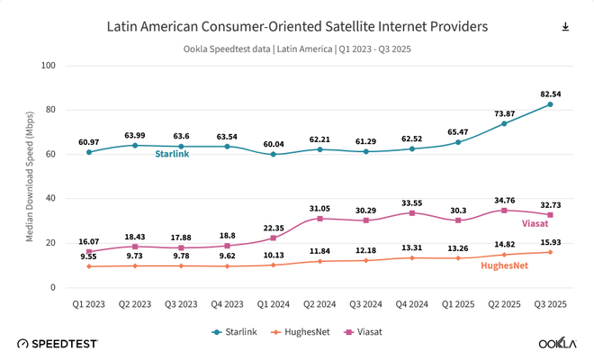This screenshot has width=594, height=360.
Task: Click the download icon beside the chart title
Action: click(x=565, y=27)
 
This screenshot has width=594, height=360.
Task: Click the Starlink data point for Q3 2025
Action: click(x=550, y=104)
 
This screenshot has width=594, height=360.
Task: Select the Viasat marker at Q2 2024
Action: click(x=319, y=219)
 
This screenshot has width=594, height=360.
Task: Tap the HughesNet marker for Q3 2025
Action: click(x=550, y=252)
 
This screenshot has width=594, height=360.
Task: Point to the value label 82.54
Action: click(x=549, y=93)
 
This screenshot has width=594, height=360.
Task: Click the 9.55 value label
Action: click(x=88, y=256)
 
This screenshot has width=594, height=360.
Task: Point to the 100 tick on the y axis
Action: click(x=49, y=66)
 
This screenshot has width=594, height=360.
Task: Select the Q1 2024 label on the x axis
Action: click(x=273, y=304)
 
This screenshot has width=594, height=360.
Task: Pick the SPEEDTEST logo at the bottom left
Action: click(x=56, y=343)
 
